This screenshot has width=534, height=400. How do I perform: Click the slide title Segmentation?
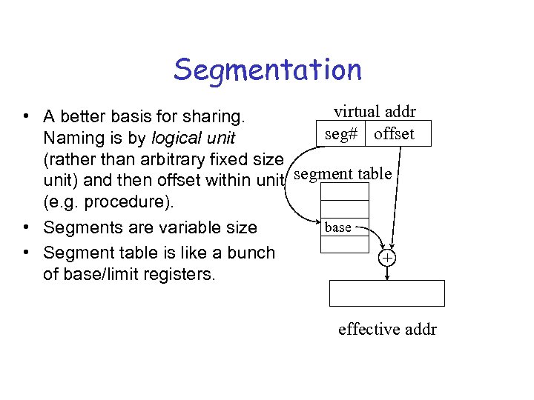coord(268,70)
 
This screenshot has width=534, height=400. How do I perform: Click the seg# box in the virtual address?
coord(341,135)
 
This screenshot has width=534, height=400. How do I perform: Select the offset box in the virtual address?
coord(394,135)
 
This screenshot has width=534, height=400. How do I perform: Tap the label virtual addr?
coord(375,112)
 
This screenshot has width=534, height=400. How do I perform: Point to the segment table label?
coord(343,174)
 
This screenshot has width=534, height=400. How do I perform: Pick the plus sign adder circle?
coord(387,258)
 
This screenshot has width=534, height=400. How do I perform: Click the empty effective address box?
coord(386,293)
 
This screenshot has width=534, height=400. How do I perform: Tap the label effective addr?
coord(387,329)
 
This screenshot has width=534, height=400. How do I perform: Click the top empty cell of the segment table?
coord(344,192)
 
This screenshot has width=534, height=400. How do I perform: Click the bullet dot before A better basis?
coord(26,116)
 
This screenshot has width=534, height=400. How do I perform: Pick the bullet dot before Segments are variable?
coord(26,227)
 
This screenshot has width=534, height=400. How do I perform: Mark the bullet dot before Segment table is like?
coord(26,253)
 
